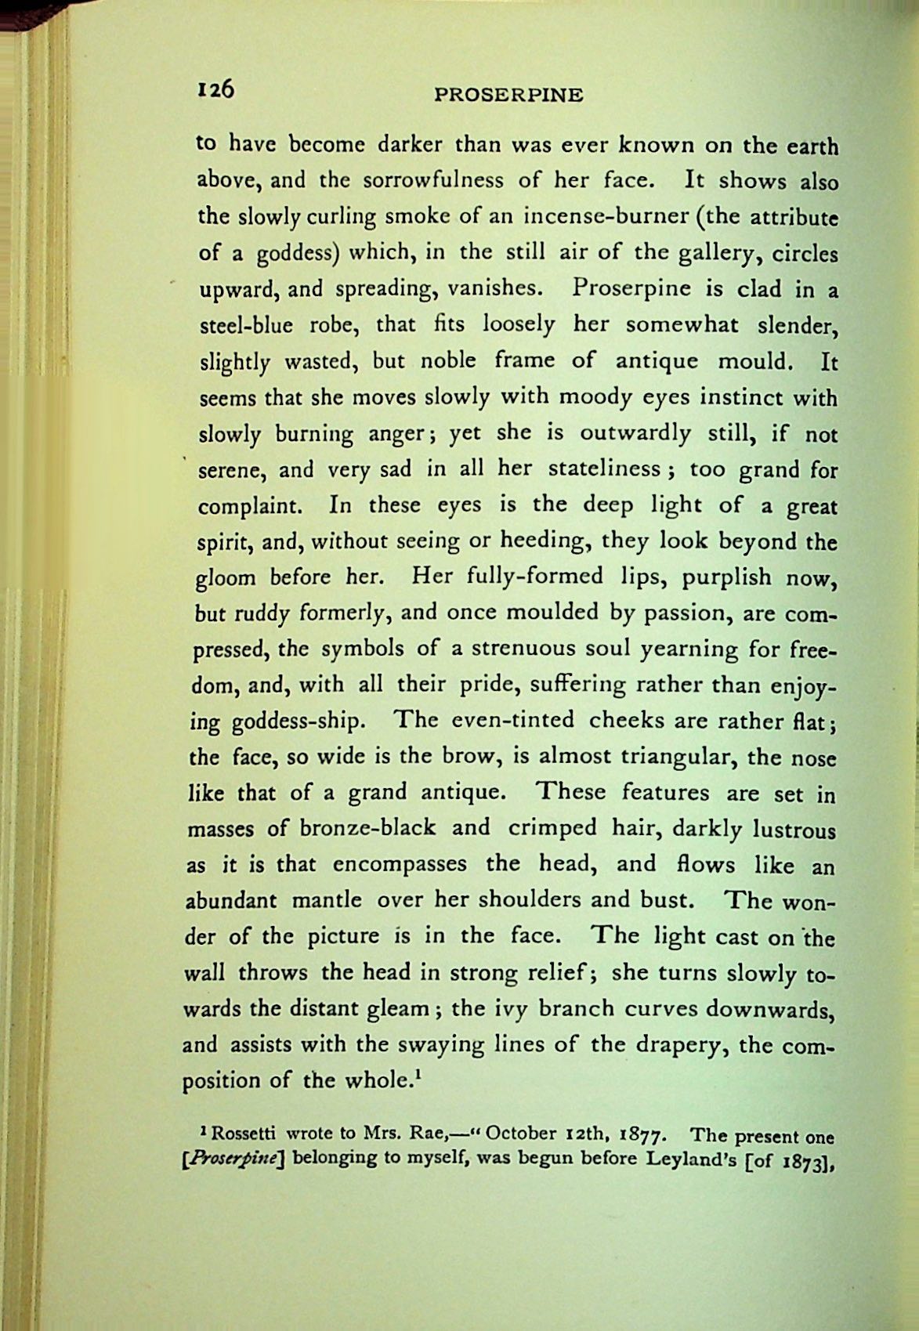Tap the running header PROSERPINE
(508, 96)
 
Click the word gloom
(226, 579)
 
